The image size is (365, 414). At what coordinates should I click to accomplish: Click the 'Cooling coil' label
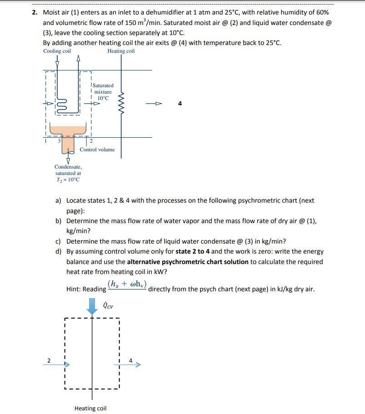coord(57,51)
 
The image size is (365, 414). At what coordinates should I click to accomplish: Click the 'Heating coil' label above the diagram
coord(121,51)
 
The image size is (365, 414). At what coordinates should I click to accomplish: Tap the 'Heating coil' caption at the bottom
coord(90,408)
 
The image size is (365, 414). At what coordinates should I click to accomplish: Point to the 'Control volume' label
coord(97,150)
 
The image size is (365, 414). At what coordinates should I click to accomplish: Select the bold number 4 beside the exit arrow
coord(180,104)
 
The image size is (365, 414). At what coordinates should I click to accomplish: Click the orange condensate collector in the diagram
coord(68,136)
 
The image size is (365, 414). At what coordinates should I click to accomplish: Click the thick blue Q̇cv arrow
coord(92,305)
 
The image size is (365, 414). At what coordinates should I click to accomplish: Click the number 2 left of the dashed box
coord(49,361)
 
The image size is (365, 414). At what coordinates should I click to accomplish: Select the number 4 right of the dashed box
coord(130,361)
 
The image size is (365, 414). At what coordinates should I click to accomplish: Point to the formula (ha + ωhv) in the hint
coord(127,285)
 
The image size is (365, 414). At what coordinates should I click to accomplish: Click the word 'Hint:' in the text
coord(75,289)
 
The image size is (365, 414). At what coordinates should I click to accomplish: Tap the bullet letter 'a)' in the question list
coord(58,200)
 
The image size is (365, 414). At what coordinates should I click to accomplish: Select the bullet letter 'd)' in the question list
coord(58,251)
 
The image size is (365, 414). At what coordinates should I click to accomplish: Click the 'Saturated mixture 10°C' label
coord(103,91)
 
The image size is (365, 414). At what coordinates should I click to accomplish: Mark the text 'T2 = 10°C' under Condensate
coord(68,180)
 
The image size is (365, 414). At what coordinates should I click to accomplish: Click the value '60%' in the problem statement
coord(322,12)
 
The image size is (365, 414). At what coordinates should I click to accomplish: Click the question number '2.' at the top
coord(35,12)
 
